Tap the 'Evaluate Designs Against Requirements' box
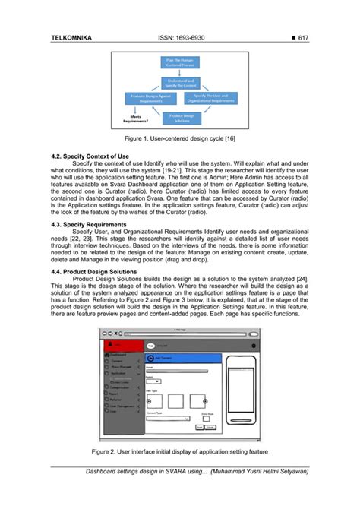click(x=149, y=99)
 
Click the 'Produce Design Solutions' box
click(x=179, y=119)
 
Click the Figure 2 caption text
click(x=179, y=451)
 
